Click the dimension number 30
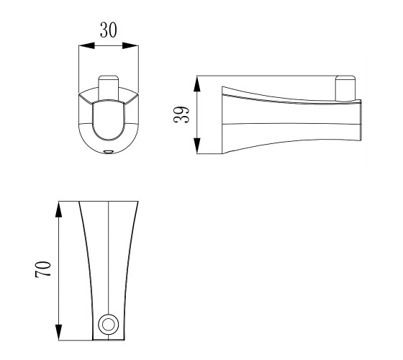click(x=108, y=30)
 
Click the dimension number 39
click(x=181, y=114)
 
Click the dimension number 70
click(x=43, y=269)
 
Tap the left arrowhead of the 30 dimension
click(x=86, y=46)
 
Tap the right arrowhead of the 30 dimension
click(x=130, y=46)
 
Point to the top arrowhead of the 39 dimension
click(x=197, y=84)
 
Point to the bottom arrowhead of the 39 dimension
click(x=197, y=145)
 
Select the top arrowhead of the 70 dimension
click(x=59, y=210)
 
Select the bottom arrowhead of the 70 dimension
click(x=59, y=332)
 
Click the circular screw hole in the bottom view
click(x=109, y=324)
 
